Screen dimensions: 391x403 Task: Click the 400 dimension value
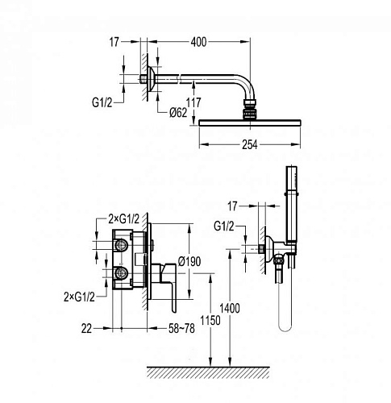(198, 42)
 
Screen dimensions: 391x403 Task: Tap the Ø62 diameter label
(178, 113)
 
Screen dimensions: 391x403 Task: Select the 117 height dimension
(193, 102)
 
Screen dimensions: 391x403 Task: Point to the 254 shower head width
(250, 145)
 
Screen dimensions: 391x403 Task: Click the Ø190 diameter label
(189, 261)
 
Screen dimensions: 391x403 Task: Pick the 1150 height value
(210, 320)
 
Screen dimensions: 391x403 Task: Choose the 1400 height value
(230, 308)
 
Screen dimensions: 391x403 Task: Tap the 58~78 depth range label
(181, 328)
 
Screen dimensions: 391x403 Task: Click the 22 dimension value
(86, 329)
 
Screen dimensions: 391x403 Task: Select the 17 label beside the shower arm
(114, 42)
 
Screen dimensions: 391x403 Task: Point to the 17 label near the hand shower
(233, 206)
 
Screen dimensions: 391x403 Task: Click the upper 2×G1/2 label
(124, 219)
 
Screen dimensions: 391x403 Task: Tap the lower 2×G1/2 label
(79, 297)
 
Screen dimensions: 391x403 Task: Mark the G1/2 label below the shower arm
(102, 102)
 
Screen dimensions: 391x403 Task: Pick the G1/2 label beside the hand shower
(224, 226)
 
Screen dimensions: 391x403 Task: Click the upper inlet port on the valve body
(121, 245)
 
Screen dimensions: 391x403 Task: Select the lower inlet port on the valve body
(121, 273)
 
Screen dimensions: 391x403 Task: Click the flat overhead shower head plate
(250, 123)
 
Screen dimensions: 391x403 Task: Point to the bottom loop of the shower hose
(285, 330)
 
